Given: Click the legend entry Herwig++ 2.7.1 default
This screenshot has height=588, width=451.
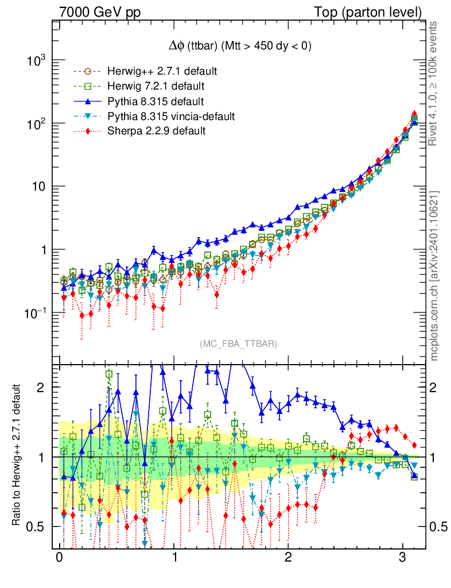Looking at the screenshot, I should click(161, 72).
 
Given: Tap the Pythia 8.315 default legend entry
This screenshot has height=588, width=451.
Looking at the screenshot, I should click(155, 102).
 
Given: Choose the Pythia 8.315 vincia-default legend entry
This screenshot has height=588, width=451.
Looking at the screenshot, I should click(170, 117).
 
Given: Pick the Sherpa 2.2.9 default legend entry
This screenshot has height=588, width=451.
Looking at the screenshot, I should click(156, 131).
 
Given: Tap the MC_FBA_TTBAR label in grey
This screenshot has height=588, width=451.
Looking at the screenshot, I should click(239, 344).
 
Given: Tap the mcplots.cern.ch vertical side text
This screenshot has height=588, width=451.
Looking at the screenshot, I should click(434, 276).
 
